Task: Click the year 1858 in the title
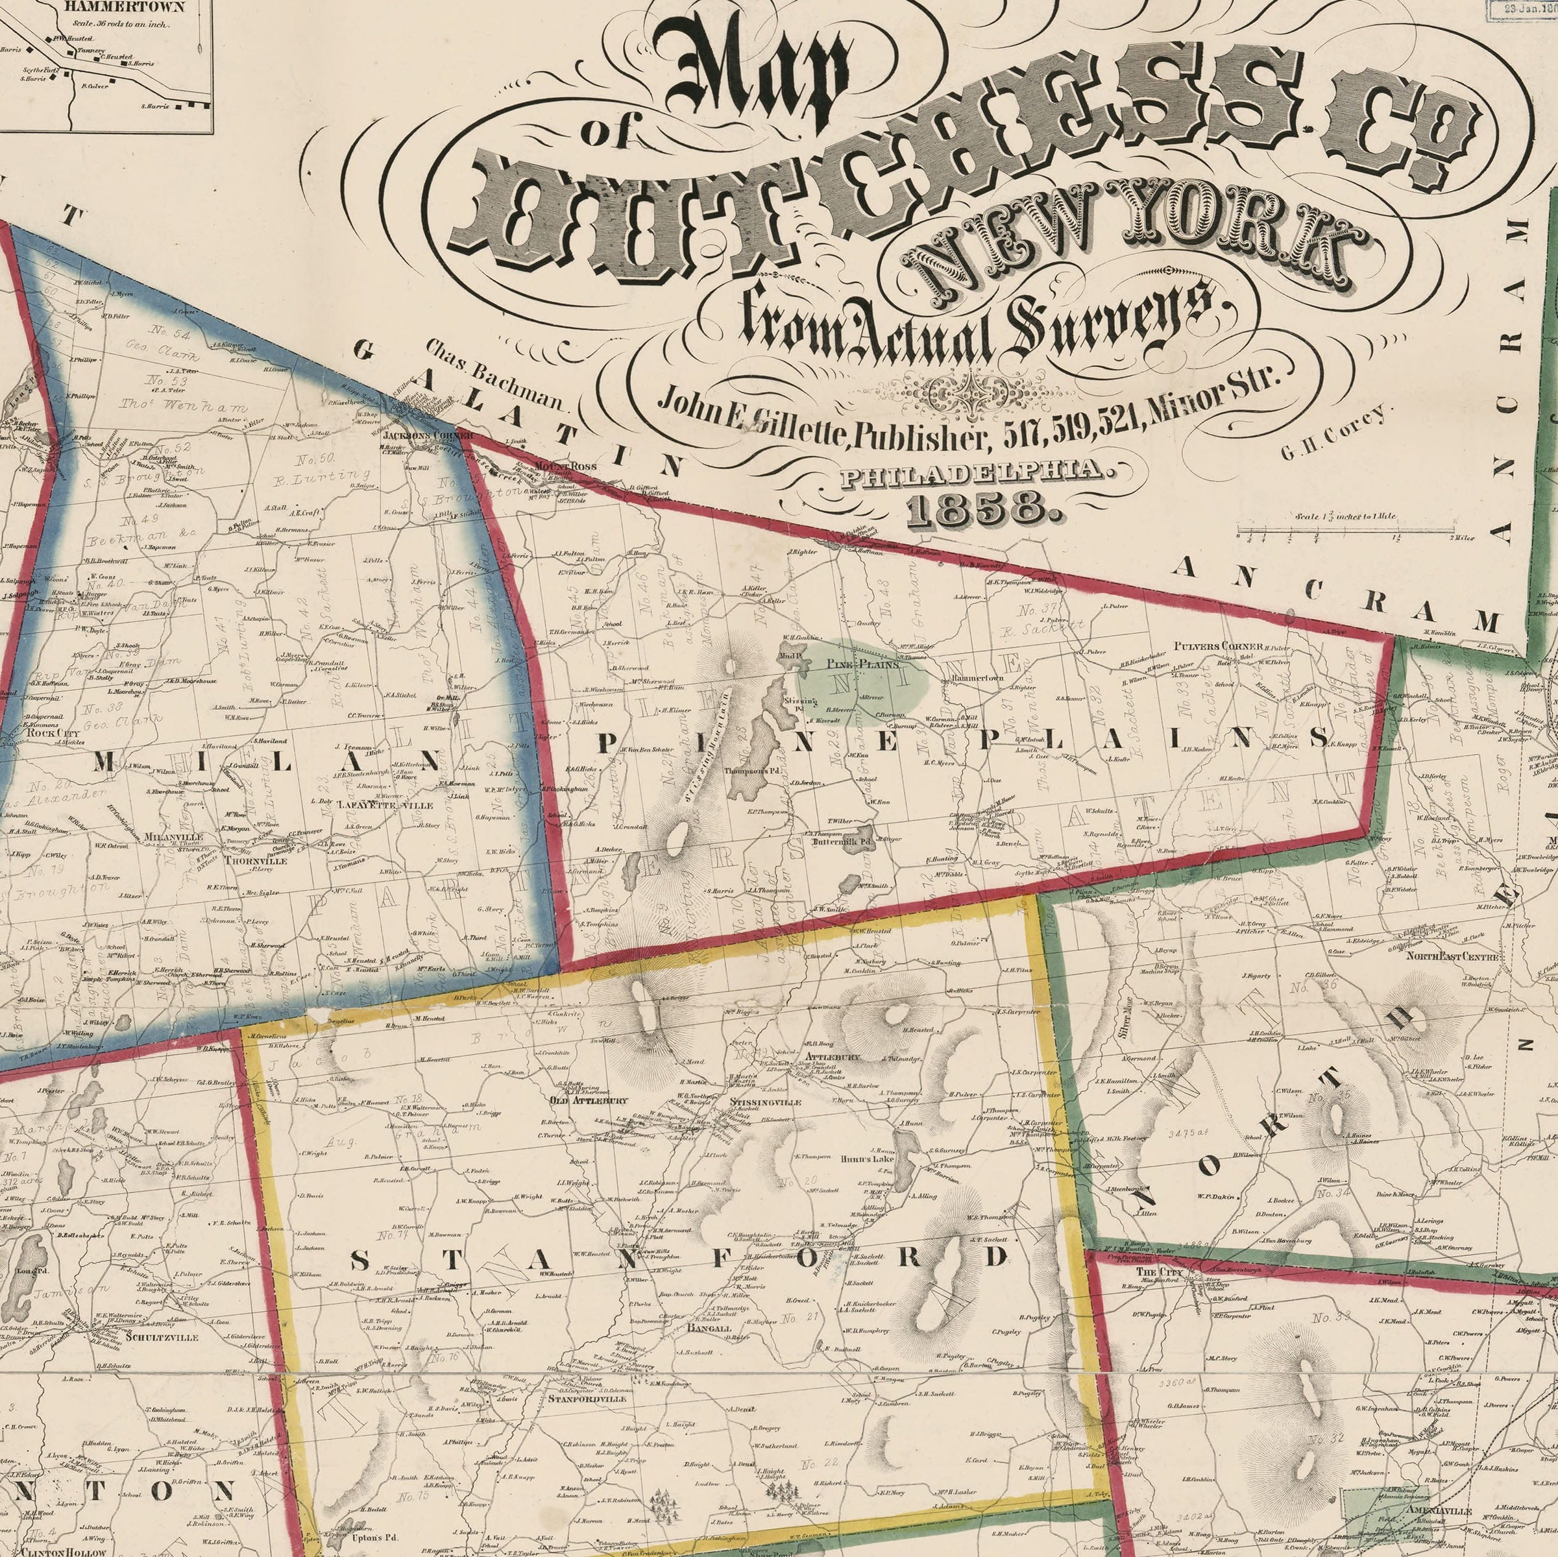(x=976, y=509)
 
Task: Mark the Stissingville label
(x=764, y=1102)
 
